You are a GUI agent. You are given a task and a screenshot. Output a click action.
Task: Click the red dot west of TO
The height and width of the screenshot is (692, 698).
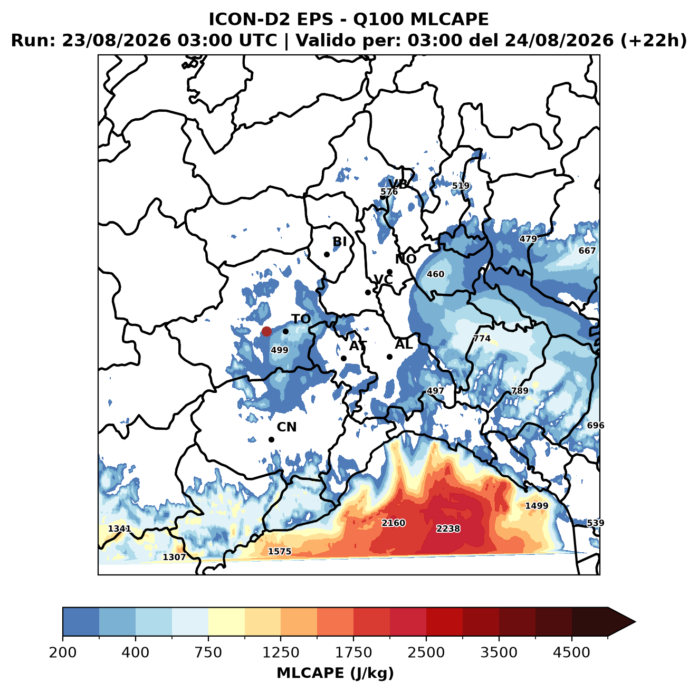pos(266,331)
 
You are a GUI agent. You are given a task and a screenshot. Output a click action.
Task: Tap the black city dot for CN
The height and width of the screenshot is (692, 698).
pos(271,439)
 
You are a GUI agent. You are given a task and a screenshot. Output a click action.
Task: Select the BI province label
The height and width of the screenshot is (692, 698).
pos(339,242)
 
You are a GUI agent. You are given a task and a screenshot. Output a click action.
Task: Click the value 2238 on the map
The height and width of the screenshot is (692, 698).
pos(448,529)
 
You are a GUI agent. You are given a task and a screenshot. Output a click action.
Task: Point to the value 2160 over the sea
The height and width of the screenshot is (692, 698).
pos(394,523)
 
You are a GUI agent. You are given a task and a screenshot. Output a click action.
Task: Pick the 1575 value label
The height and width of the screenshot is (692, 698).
pos(279,552)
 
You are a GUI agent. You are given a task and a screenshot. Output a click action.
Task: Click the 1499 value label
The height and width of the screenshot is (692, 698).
pos(537,505)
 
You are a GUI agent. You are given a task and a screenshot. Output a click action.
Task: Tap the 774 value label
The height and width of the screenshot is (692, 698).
pos(482,339)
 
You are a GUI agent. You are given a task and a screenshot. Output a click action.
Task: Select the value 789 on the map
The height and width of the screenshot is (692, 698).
pos(520,391)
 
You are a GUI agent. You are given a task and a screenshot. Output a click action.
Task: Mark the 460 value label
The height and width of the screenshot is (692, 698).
pos(435,274)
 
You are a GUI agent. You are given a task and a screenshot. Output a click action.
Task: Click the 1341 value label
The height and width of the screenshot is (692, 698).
pos(119,528)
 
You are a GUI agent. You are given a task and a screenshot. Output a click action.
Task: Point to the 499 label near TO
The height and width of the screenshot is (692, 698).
pos(280,350)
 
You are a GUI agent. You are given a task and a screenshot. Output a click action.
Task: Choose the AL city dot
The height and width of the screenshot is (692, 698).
pos(389,357)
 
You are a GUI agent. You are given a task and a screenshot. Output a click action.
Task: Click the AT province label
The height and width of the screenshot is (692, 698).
pos(358,346)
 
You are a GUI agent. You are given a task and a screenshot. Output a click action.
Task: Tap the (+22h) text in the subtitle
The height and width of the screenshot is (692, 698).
pos(654,40)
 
